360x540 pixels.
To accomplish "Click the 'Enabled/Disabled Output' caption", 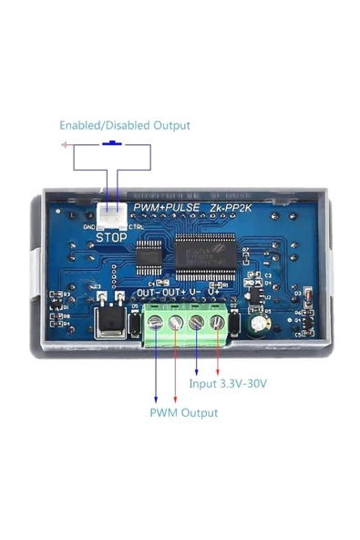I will pos(125,125).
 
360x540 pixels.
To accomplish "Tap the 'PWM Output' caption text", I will pos(183,412).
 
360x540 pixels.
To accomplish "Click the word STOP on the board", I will pos(111,236).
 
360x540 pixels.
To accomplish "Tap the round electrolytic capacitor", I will pos(263,324).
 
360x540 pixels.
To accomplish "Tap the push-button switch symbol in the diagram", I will pos(114,143).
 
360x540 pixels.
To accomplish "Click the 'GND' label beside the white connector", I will pos(89,227).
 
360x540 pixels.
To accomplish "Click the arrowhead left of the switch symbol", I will pos(62,145).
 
